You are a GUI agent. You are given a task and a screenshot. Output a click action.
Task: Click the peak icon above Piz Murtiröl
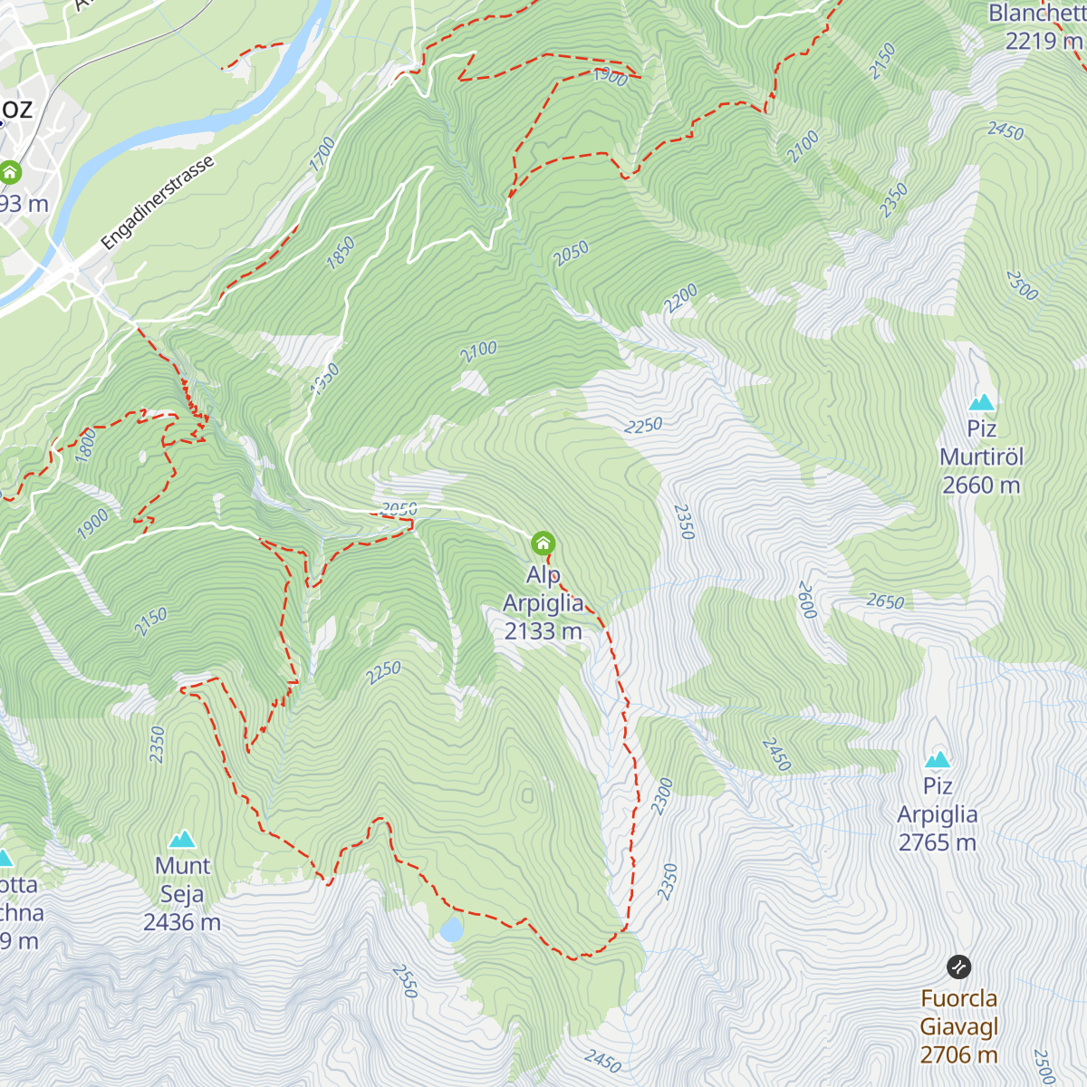[x=982, y=402]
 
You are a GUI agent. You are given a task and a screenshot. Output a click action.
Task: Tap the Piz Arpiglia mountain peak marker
[x=938, y=759]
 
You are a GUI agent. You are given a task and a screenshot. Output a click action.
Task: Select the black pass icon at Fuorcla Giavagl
[x=958, y=967]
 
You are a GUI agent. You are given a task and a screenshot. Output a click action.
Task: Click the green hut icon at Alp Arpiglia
[x=543, y=543]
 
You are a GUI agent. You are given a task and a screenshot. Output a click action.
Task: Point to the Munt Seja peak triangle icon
[x=182, y=839]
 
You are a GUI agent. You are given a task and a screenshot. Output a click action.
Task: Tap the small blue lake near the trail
[x=450, y=929]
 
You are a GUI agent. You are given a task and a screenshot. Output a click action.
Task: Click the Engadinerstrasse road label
[x=158, y=203]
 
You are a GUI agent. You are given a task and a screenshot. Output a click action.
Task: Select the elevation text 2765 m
[x=938, y=842]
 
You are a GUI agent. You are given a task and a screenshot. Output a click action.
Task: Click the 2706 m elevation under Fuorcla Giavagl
[x=958, y=1054]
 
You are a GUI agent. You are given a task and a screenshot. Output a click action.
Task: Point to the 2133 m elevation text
[x=543, y=631]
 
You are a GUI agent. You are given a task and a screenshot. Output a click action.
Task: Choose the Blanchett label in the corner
[x=1036, y=14]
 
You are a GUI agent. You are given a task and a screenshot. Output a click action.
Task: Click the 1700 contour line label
[x=322, y=154]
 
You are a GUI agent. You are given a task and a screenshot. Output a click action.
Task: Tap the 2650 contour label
[x=885, y=601]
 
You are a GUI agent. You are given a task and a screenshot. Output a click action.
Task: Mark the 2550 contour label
[x=404, y=981]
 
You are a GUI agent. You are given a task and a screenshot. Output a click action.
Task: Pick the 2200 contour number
[x=680, y=298]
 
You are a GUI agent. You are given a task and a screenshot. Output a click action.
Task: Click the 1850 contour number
[x=341, y=253]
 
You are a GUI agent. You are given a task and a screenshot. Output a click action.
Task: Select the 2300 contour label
[x=662, y=796]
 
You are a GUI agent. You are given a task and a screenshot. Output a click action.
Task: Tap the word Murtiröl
[x=982, y=457]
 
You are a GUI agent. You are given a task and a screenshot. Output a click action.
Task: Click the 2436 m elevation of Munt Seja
[x=182, y=922]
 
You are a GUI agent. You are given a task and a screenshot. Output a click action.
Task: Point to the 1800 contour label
[x=85, y=446]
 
